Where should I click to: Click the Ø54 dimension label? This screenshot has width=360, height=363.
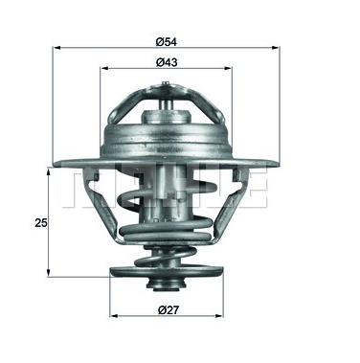point(167,42)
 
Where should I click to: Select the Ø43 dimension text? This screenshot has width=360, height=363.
point(167,62)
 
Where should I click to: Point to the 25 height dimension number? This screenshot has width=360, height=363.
point(41,223)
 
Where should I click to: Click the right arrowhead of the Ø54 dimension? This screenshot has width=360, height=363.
point(276,48)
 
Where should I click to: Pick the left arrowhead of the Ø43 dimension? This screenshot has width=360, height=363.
point(104,68)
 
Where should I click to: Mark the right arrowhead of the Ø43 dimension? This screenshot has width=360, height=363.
point(228,68)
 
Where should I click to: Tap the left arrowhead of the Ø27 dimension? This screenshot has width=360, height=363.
point(114,316)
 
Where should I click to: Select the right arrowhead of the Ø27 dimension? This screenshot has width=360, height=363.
point(219,316)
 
